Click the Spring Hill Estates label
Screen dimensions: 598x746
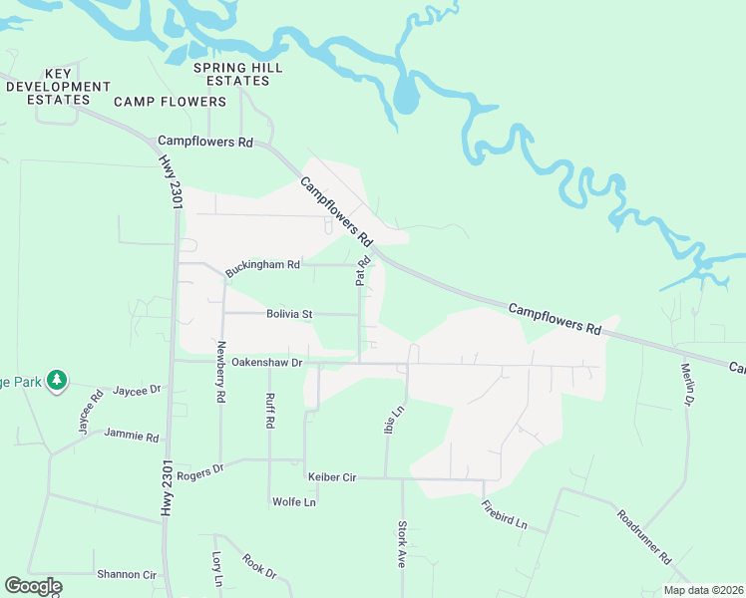pos(238,74)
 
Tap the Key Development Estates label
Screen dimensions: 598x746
pos(58,87)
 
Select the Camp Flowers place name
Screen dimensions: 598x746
pos(171,102)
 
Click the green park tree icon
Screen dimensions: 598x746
pos(58,380)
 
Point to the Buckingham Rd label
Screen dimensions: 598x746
pos(262,267)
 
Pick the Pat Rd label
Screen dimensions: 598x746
pos(363,271)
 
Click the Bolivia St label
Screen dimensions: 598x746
pos(289,314)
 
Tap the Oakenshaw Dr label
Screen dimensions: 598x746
pos(266,363)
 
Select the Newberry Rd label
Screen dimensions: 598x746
pos(221,373)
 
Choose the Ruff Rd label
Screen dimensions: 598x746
pos(269,410)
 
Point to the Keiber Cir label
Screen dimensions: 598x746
pos(332,477)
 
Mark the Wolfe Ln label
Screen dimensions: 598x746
pos(294,502)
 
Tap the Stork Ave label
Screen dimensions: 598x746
pos(403,544)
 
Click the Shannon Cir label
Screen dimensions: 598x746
pos(127,575)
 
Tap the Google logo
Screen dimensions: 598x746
pos(33,586)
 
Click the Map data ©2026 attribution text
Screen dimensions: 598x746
pos(702,590)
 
